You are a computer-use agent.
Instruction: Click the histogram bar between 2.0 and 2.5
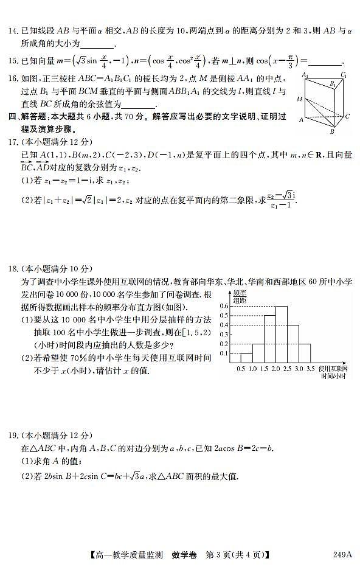click(281, 334)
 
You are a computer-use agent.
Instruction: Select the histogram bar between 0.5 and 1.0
click(246, 358)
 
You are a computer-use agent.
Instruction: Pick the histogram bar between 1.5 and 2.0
click(269, 339)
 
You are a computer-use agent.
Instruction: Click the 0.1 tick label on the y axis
click(224, 353)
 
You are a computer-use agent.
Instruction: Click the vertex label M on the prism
click(299, 98)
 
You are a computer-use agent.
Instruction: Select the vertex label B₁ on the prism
click(333, 85)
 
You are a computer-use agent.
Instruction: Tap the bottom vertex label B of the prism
click(332, 131)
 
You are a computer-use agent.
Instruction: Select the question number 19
click(13, 435)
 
